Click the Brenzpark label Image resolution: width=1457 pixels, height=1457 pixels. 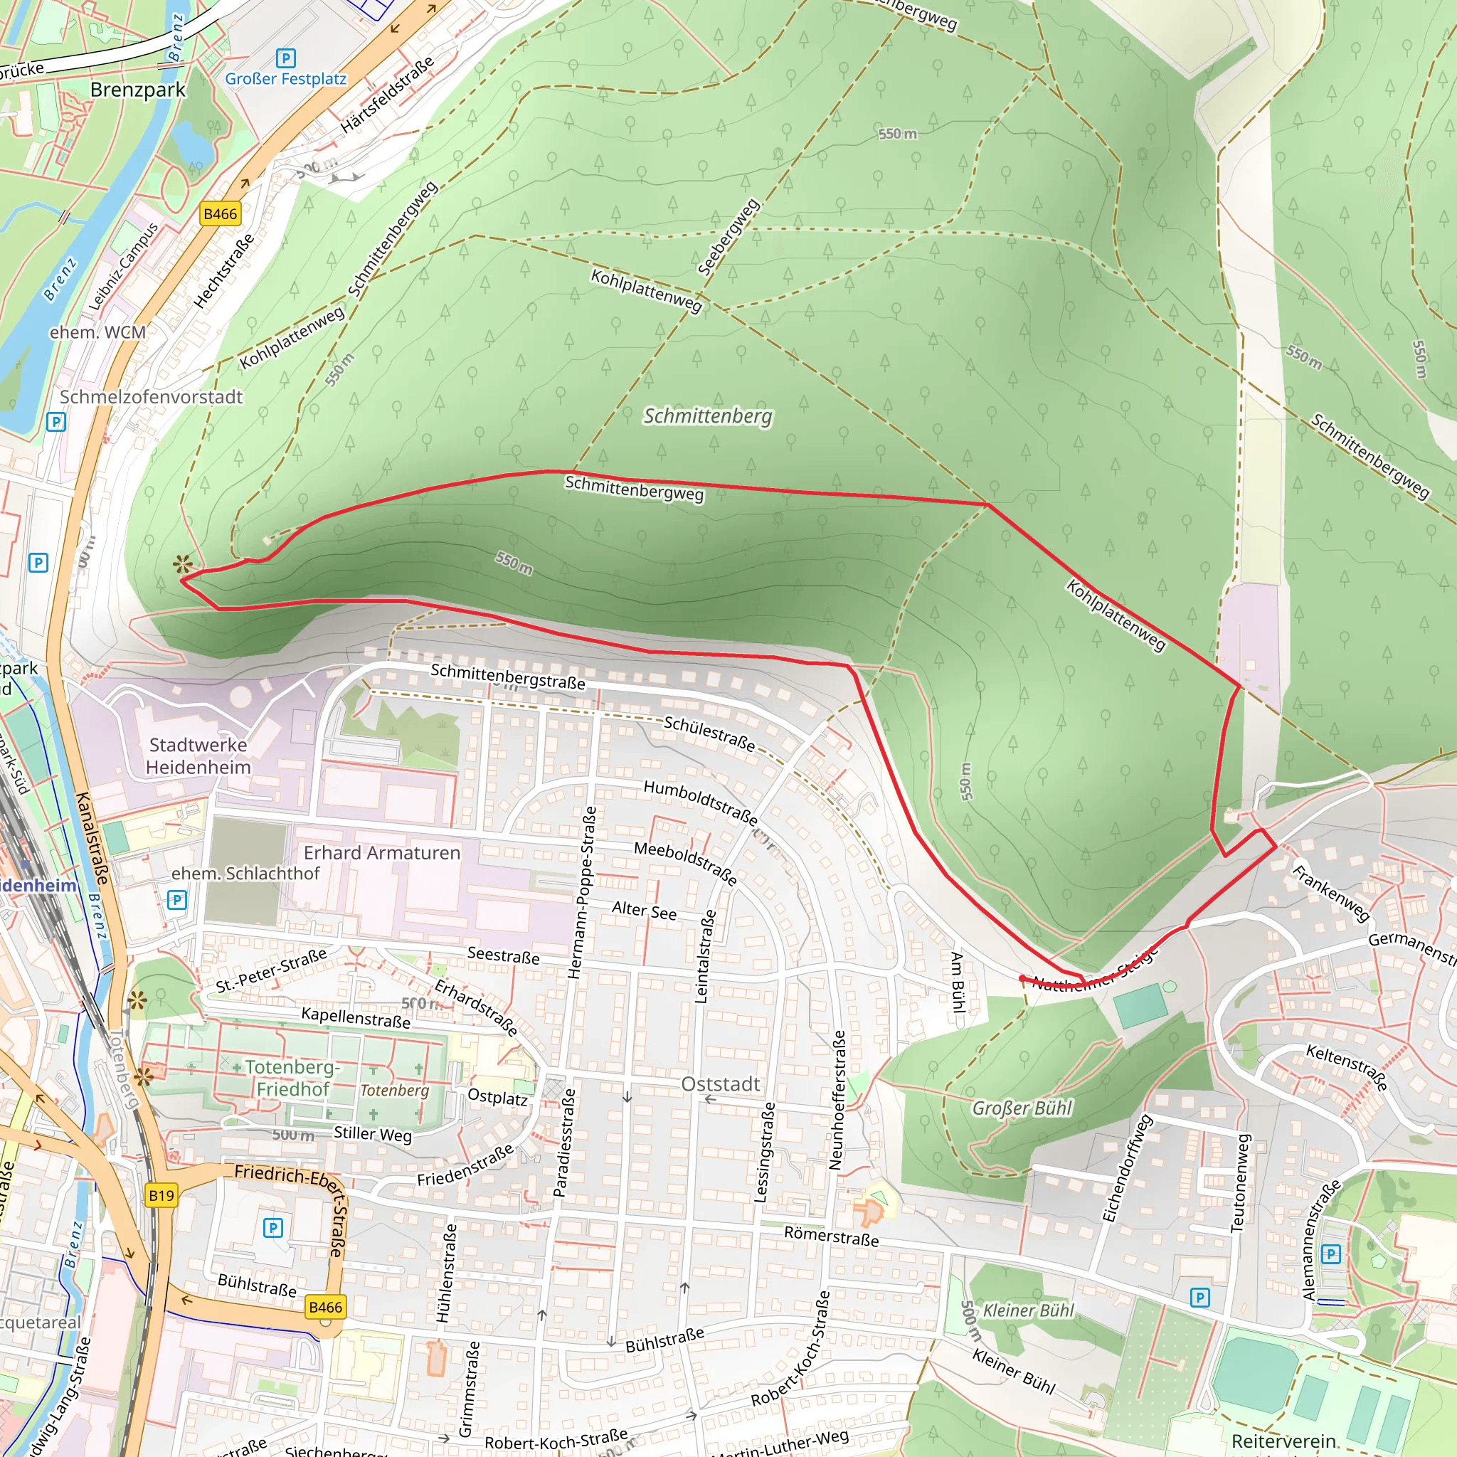[x=137, y=90]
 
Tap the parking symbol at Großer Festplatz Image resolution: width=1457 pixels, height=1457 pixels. [x=286, y=58]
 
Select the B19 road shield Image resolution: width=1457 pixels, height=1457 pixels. [x=161, y=1195]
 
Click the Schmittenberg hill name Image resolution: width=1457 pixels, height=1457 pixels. [x=707, y=415]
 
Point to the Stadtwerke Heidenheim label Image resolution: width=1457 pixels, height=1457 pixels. [x=198, y=756]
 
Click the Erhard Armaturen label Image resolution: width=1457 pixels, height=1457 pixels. [x=381, y=853]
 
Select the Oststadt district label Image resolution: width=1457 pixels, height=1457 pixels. [x=720, y=1084]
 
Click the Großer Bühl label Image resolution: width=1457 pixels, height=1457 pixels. [x=1022, y=1108]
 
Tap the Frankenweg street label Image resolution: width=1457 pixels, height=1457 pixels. [x=1330, y=893]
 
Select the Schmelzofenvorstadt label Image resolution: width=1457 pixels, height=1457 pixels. [x=151, y=397]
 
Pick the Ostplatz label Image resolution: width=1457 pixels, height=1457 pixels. [x=497, y=1096]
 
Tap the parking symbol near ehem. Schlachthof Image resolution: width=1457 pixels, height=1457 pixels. [x=176, y=900]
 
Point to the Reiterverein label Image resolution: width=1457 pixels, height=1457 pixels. [x=1283, y=1441]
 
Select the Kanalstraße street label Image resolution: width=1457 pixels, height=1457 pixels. [x=92, y=838]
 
